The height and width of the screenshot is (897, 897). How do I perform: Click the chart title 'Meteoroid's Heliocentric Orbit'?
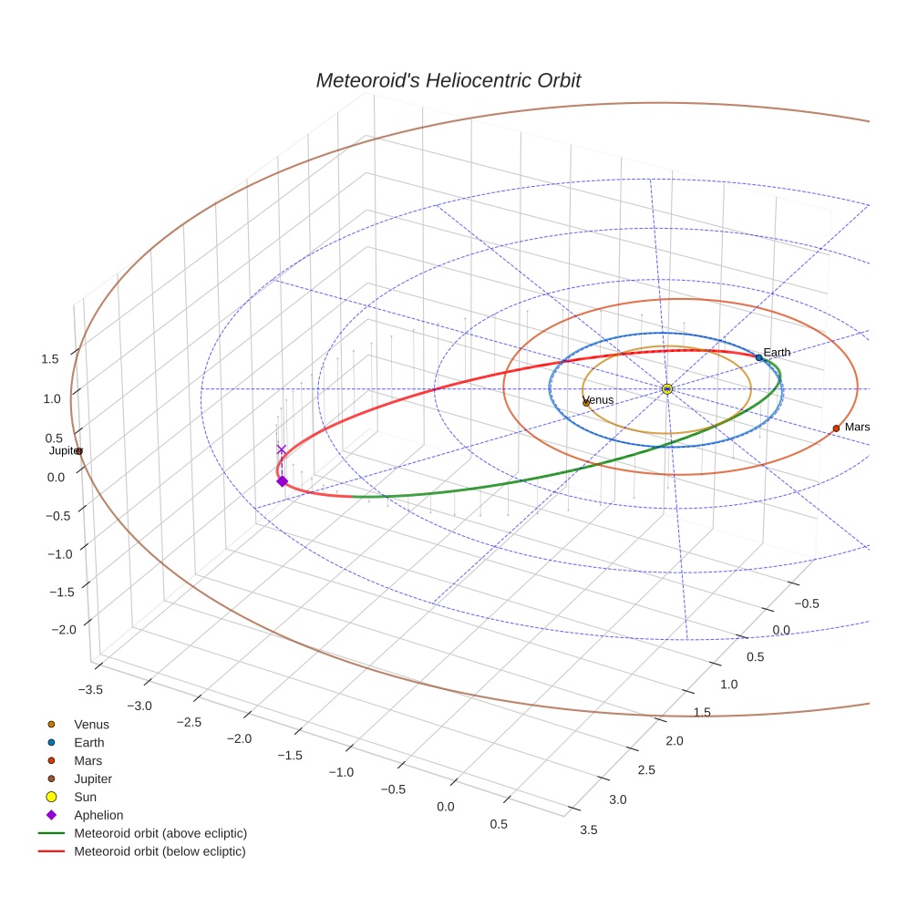448,80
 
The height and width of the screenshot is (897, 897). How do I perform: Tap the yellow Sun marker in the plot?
667,388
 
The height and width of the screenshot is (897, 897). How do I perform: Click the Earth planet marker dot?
758,357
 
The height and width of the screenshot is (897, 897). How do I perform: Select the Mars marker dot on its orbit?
836,428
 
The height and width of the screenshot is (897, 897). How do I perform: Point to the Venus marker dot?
586,402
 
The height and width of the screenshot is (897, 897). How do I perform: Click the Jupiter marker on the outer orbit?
79,451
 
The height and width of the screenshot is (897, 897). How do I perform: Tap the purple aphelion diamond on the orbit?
282,481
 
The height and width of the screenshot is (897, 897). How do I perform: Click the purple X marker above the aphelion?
282,449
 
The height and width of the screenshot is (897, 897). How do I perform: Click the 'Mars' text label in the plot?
857,427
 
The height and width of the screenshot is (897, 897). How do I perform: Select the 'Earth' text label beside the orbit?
777,352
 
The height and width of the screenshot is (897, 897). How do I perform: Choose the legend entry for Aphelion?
98,815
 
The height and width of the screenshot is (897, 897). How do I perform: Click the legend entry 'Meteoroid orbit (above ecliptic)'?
160,833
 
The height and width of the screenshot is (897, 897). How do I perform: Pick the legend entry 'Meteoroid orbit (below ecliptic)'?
160,851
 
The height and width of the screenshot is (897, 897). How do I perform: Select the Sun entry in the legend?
85,797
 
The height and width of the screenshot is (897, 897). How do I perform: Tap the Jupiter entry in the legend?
92,778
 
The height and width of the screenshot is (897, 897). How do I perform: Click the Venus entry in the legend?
91,724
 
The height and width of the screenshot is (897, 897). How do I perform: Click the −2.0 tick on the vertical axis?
63,630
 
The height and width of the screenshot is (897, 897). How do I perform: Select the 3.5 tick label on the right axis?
587,829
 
